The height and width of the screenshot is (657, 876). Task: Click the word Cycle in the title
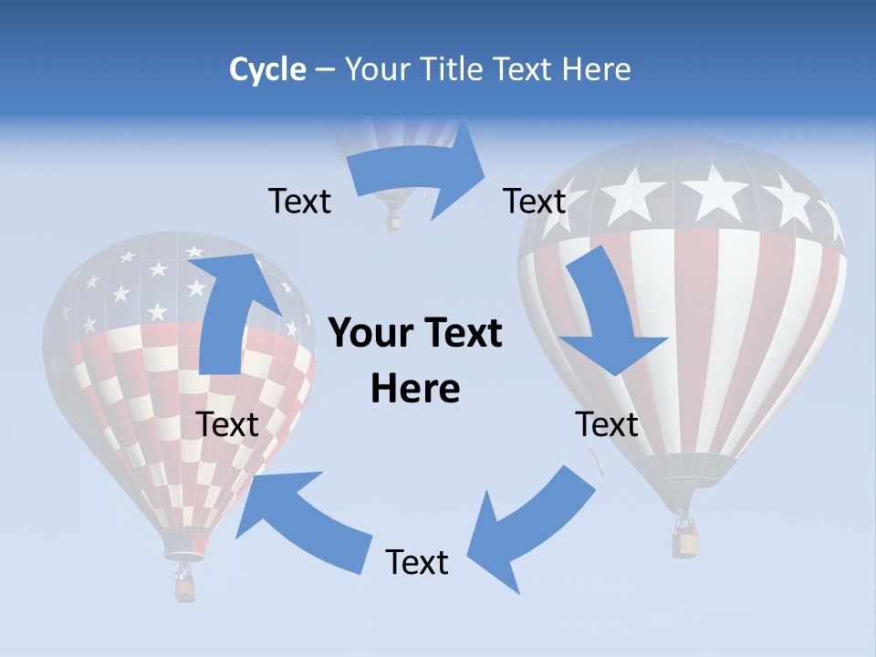[267, 69]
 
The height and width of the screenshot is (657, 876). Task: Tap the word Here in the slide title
[594, 69]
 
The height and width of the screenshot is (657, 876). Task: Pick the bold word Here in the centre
[415, 389]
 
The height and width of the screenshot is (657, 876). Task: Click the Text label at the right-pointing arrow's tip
[535, 201]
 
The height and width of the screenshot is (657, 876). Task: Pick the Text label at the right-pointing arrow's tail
[299, 201]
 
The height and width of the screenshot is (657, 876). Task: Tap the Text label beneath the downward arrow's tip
[607, 424]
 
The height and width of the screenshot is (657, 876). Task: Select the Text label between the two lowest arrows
[417, 562]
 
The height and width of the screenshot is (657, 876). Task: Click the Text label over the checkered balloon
[227, 424]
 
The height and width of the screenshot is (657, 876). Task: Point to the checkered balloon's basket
[185, 588]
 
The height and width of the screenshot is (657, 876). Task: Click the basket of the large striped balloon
[685, 542]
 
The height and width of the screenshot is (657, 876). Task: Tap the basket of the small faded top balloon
[393, 221]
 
